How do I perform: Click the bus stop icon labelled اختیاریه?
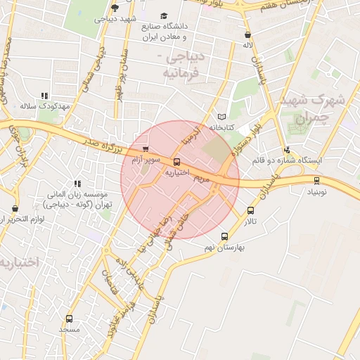click(176, 162)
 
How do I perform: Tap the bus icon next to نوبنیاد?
click(316, 180)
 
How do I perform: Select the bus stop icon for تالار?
click(251, 210)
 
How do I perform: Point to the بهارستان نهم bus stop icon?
click(224, 237)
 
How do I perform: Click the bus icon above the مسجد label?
click(69, 319)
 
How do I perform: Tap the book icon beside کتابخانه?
click(222, 117)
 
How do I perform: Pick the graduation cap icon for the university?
click(164, 16)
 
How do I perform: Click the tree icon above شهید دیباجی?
click(115, 8)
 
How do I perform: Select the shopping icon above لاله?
click(247, 34)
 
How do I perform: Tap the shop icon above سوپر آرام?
click(146, 149)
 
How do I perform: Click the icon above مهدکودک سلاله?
click(44, 96)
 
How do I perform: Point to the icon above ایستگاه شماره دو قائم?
click(287, 150)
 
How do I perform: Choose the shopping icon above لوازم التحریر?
click(15, 209)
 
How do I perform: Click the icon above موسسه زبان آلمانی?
click(77, 184)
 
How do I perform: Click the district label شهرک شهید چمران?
click(304, 109)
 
